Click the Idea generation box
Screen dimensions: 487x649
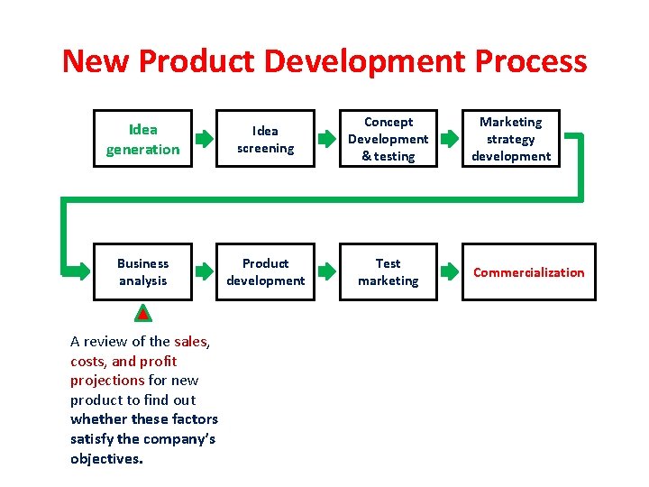[x=142, y=139]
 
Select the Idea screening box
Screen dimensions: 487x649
[x=265, y=139]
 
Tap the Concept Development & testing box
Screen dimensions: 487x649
[x=388, y=139]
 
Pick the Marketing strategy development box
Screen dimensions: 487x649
[x=511, y=139]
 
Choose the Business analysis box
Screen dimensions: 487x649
[x=142, y=271]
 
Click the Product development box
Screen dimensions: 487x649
[x=265, y=271]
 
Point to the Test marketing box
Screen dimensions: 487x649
[x=388, y=271]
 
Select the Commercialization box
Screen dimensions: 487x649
[x=529, y=271]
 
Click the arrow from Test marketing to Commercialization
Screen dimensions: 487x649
[x=449, y=271]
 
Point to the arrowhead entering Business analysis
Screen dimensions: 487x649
[x=79, y=270]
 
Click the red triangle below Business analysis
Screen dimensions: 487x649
[x=142, y=314]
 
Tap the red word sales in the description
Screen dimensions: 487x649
[x=190, y=341]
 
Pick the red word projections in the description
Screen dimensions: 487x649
[x=107, y=380]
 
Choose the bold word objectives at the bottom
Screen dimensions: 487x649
[x=106, y=458]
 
